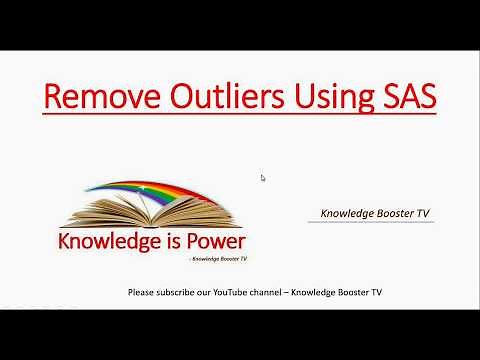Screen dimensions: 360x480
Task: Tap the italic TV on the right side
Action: pyautogui.click(x=424, y=213)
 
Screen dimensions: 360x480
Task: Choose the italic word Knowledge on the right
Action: pyautogui.click(x=347, y=213)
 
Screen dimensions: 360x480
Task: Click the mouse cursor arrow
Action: pyautogui.click(x=263, y=178)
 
